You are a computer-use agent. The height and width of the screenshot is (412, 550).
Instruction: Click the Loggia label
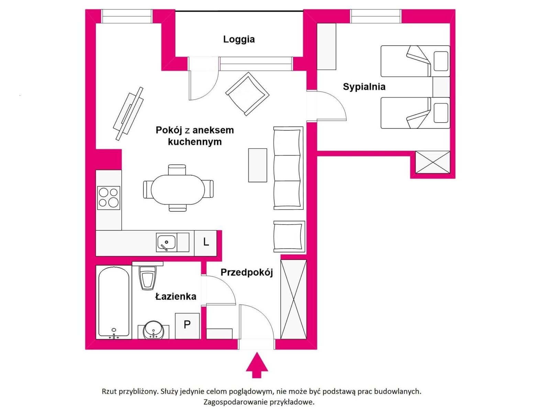pos(239,39)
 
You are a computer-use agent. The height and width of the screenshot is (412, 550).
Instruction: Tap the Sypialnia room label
pos(364,87)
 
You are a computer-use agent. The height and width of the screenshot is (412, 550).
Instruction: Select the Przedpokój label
pos(246,272)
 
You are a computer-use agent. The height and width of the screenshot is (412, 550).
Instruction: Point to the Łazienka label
pos(176,296)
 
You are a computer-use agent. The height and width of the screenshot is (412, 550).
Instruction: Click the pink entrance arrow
pos(257,365)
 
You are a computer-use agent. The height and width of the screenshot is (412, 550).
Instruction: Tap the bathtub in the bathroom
pos(114,302)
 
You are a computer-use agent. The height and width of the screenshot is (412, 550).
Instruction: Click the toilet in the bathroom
pos(147,276)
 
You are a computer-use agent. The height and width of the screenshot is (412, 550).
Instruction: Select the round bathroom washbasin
pos(153,330)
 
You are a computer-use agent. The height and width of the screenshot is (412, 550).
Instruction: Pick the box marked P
pos(187,326)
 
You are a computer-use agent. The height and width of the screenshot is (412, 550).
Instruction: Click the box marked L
pos(206,242)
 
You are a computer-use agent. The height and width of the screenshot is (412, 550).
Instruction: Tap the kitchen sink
pos(166,242)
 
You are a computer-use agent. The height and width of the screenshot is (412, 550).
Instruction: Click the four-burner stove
pos(109,198)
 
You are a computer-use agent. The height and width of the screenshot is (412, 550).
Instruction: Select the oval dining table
pos(178,190)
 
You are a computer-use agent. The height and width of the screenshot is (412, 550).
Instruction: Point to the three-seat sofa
pos(288,168)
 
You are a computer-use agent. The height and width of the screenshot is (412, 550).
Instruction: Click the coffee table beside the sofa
pos(257,165)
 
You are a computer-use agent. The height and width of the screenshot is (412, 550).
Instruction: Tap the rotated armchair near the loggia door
pos(247,94)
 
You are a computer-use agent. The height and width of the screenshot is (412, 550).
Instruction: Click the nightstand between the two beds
pos(441,87)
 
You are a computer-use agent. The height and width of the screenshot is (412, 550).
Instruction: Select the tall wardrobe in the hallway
pos(294,299)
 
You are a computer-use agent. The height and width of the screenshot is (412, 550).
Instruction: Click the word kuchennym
pos(195,142)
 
